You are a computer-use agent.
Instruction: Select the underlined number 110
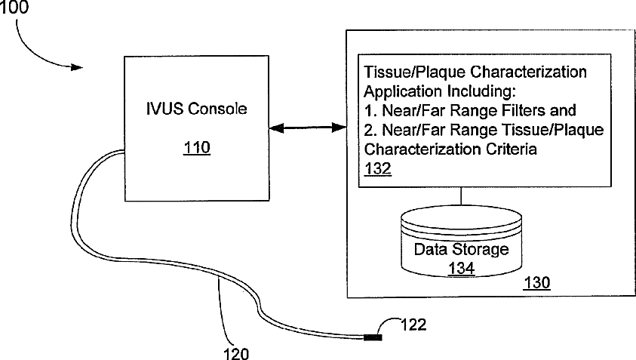pos(196,149)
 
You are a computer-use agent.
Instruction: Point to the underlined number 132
pos(377,169)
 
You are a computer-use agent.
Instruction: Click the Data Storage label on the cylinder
pos(462,250)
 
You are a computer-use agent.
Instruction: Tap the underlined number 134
pos(461,267)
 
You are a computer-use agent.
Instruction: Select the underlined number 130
pos(536,284)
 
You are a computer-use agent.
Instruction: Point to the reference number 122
pos(413,325)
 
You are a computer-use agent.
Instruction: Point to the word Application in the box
pos(400,92)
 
